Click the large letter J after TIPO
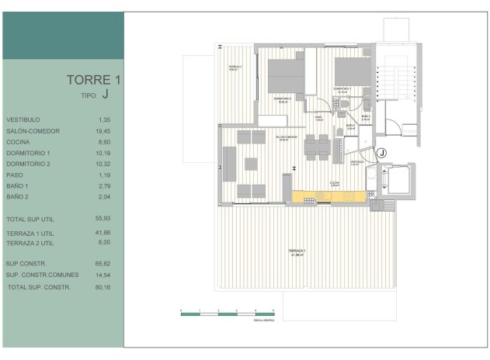coord(105,95)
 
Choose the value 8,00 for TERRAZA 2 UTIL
coord(106,243)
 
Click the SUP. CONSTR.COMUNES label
coord(38,275)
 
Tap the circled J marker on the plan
coord(381,154)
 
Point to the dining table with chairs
coord(316,147)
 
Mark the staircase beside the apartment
coord(391,86)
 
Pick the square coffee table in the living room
coord(252,164)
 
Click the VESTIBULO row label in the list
coord(23,120)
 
